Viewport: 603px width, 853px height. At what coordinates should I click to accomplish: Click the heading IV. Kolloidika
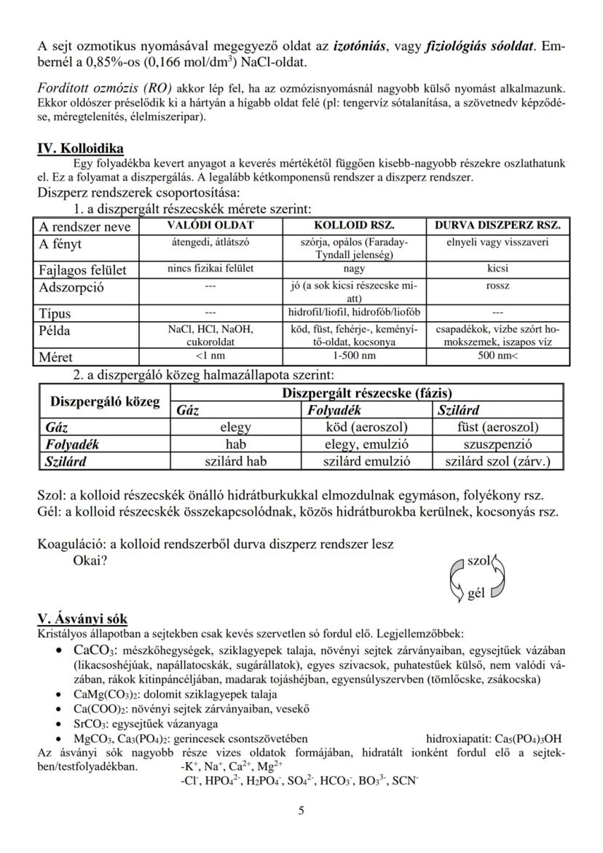[x=80, y=149]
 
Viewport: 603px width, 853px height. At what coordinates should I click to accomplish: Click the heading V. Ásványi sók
[x=82, y=619]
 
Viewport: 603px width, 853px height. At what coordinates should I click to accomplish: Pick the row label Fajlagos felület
[x=82, y=270]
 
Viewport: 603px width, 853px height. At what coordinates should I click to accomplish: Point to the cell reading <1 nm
[x=210, y=357]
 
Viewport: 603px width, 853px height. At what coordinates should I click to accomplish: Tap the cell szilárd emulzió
[x=366, y=460]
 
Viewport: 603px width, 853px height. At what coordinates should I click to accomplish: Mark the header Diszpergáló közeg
[x=104, y=401]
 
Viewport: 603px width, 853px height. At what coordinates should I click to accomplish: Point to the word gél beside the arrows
[x=476, y=593]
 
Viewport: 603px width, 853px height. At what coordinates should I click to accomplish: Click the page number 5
[x=301, y=810]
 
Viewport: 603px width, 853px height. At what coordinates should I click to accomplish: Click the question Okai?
[x=91, y=562]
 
